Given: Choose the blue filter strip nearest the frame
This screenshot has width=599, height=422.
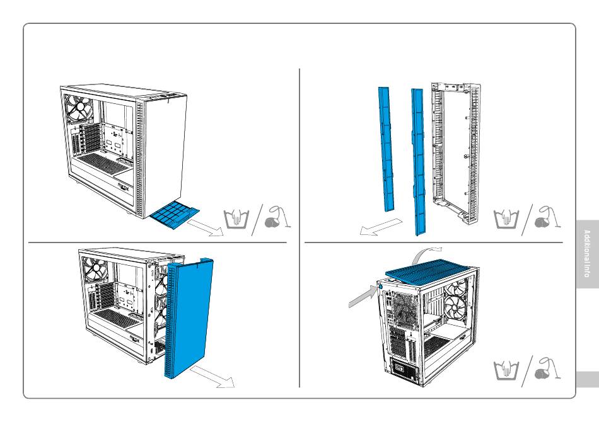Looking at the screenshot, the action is (417, 157).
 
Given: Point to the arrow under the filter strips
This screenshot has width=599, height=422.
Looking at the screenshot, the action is (380, 226).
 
